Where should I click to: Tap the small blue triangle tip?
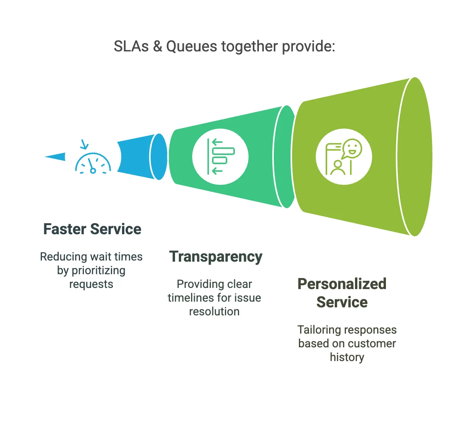pos(56,156)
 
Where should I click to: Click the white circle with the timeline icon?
pos(220,157)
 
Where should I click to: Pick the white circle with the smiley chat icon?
pos(344,157)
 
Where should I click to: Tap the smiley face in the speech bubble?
pos(352,148)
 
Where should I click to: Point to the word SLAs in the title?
pos(131,46)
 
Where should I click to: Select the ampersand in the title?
pos(157,46)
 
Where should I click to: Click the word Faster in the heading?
pos(65,229)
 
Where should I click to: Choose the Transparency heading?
pos(216,257)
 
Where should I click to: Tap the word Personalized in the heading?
pos(342,284)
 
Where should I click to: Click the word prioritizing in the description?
pos(98,271)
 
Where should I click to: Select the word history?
pos(347,357)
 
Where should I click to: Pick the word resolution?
pos(214,312)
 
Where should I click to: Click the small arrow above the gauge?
pos(84,145)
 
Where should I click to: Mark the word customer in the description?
pos(371,344)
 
